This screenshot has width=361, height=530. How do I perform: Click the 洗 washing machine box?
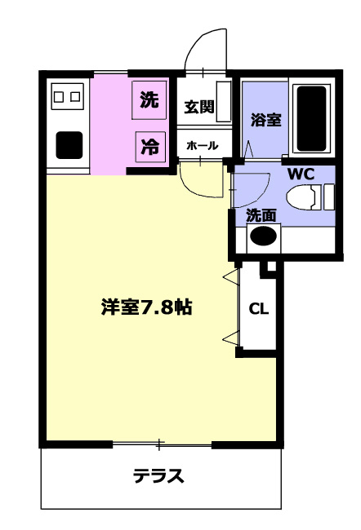point(149,100)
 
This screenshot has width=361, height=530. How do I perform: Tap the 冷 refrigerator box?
point(151,147)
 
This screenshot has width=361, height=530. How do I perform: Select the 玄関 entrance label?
point(199,107)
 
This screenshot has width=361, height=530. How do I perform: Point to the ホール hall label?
point(203,146)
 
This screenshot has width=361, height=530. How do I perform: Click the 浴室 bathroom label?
point(265,120)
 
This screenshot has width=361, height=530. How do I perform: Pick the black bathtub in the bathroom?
point(311,118)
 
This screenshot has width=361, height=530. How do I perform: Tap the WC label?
point(301,174)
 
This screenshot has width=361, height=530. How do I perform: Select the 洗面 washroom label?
point(261,215)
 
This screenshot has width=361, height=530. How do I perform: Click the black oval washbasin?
point(263,236)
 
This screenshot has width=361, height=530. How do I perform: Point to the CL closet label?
point(259,308)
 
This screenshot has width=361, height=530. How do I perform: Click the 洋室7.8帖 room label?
point(147,307)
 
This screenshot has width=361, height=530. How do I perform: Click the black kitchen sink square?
point(69,145)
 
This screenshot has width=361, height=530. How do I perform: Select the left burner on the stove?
point(59,97)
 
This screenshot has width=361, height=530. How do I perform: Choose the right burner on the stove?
point(75,97)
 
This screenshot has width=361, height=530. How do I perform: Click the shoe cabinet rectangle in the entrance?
point(224,101)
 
